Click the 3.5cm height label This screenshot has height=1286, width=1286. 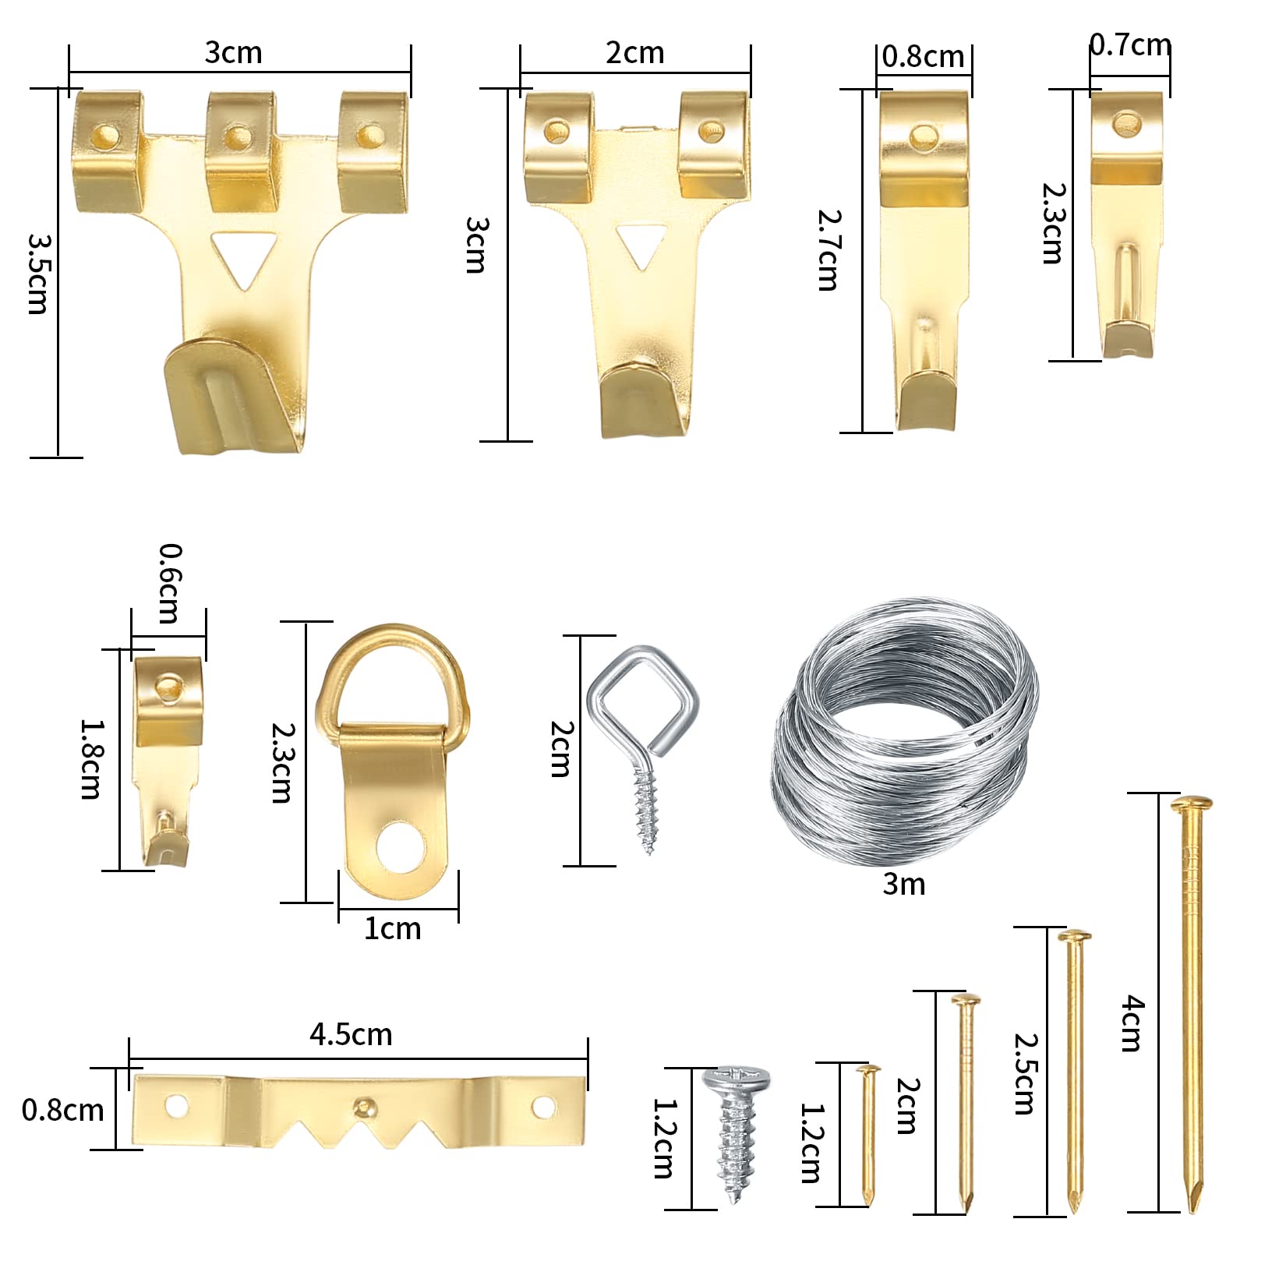[37, 273]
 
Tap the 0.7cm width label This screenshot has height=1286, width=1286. [1129, 44]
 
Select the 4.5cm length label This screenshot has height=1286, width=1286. [351, 1034]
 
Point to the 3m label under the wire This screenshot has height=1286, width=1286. [904, 884]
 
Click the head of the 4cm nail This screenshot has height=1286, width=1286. [1192, 804]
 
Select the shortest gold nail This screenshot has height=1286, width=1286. [868, 1135]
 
